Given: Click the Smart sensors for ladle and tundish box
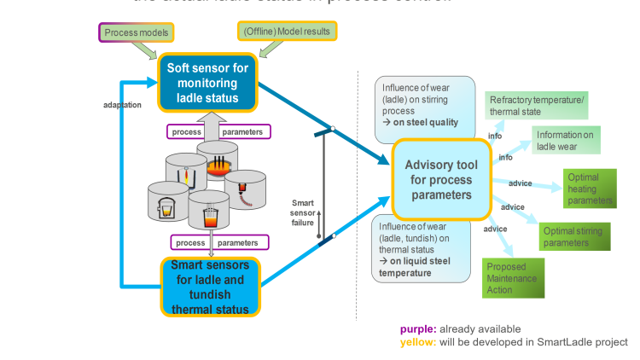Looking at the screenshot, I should [x=210, y=287].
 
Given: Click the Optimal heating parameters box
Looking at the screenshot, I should [x=589, y=189].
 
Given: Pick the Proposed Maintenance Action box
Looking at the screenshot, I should [x=513, y=278].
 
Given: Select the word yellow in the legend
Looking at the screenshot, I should [x=418, y=342].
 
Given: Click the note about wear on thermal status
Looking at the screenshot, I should [x=422, y=248].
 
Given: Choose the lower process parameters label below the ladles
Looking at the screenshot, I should [x=219, y=241].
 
